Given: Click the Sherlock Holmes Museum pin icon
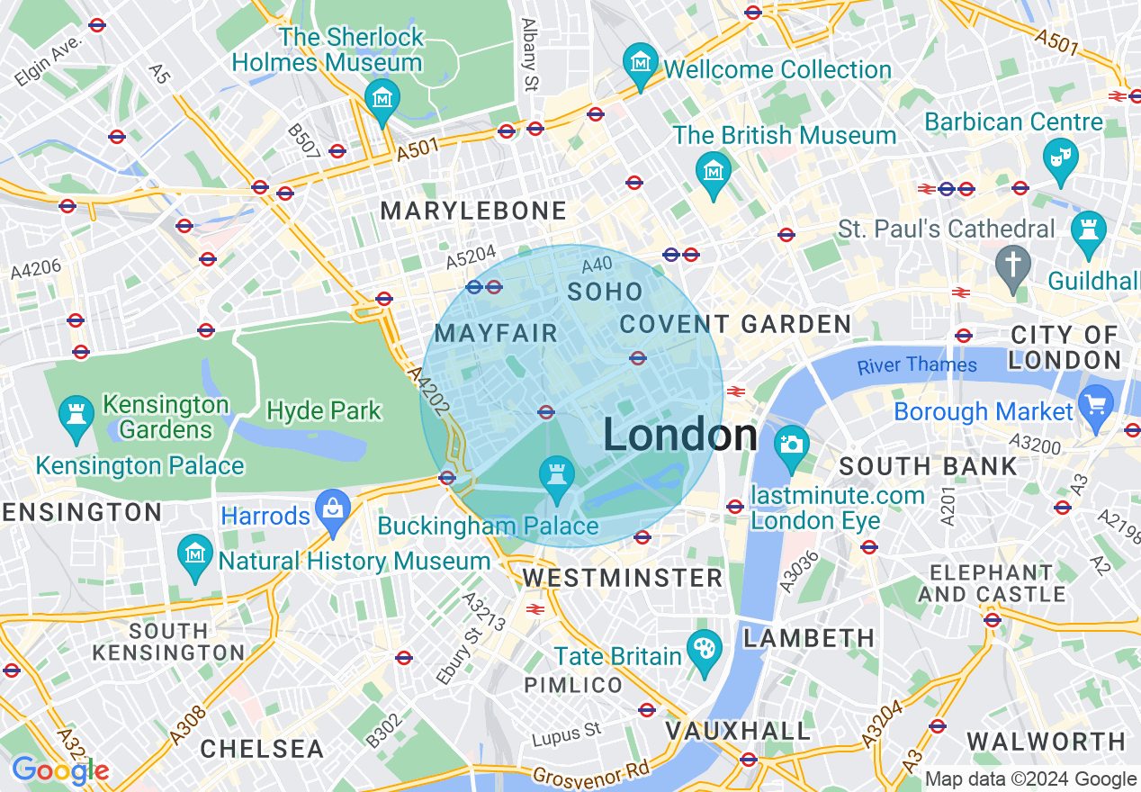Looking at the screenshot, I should click(382, 97).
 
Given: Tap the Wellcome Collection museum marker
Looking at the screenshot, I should click(640, 65).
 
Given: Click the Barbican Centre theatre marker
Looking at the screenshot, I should click(1060, 156).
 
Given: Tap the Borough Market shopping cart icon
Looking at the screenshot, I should click(1097, 402).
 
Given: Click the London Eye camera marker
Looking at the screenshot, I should click(792, 445).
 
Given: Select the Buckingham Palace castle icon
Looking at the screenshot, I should click(555, 473).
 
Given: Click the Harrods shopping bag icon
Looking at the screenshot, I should click(333, 507).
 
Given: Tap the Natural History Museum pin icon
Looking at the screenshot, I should click(195, 552).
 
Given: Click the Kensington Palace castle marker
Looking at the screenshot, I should click(75, 415).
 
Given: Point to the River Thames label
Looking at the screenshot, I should click(917, 365).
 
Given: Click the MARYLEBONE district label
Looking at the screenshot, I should click(473, 211).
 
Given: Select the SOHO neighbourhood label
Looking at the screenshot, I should click(605, 292).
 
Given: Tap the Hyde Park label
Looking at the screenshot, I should click(324, 411).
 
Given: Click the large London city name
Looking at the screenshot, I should click(680, 436).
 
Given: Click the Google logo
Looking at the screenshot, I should click(59, 770).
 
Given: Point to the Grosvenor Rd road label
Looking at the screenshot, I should click(590, 773).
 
